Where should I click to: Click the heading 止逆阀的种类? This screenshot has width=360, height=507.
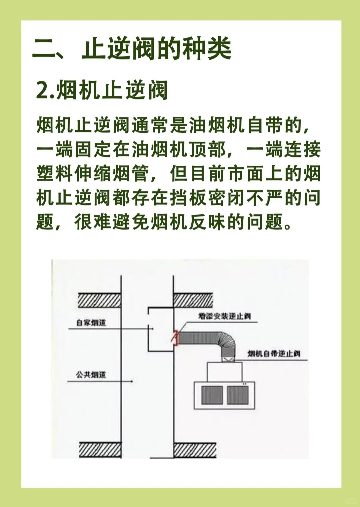point(157,49)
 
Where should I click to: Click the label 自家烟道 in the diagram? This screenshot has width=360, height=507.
point(91,323)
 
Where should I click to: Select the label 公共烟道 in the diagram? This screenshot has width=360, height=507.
point(91,375)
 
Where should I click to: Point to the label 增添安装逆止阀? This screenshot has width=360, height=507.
point(224,316)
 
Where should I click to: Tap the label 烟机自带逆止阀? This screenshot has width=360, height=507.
point(274,354)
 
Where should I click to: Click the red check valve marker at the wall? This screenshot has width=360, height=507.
point(175,338)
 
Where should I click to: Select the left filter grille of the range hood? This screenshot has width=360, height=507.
point(212,395)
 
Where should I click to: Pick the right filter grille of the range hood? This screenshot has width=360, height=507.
point(238,395)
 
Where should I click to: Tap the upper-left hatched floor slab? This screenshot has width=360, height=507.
point(99,300)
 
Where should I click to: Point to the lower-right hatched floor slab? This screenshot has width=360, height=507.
point(195,449)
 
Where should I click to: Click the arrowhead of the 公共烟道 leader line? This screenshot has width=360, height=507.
point(132,381)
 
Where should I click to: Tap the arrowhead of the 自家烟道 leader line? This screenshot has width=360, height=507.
point(153,329)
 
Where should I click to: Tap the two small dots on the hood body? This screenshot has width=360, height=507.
point(245,384)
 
